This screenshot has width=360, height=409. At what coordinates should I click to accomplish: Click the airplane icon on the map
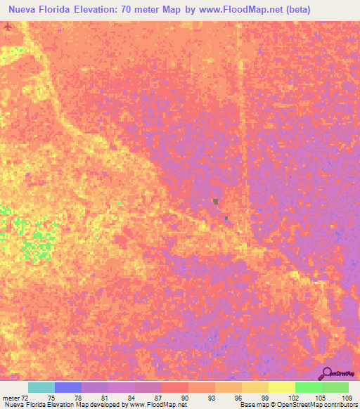pyautogui.click(x=8, y=27)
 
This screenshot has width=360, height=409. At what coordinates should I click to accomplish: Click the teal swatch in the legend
pyautogui.click(x=41, y=387)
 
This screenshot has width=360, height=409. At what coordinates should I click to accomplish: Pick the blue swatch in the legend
pyautogui.click(x=67, y=387)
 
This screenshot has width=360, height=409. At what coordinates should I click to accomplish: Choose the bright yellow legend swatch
pyautogui.click(x=281, y=387)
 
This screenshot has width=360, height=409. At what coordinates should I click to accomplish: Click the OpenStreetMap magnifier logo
pyautogui.click(x=326, y=372)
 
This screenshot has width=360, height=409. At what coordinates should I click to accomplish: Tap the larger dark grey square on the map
pyautogui.click(x=215, y=202)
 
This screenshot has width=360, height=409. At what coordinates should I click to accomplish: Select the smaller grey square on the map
pyautogui.click(x=226, y=218)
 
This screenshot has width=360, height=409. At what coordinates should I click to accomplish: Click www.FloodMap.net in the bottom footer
pyautogui.click(x=163, y=405)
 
